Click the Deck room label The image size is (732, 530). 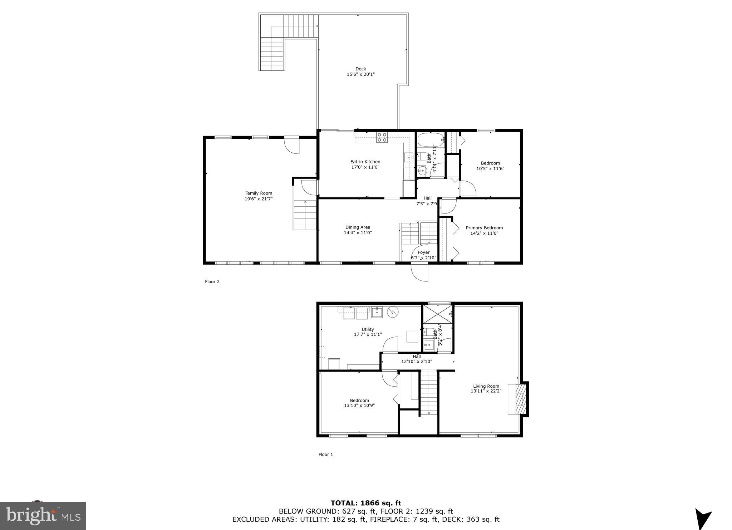(x=360, y=69)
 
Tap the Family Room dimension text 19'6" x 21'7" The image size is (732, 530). (x=259, y=199)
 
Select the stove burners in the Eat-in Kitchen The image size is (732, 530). (x=382, y=137)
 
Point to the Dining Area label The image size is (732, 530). (x=358, y=227)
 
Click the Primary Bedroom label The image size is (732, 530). (x=484, y=228)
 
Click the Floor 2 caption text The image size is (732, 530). (x=212, y=281)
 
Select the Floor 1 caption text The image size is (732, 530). (x=325, y=455)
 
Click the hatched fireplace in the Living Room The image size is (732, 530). (x=520, y=398)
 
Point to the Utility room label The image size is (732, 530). (x=368, y=329)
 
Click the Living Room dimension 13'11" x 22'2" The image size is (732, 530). (x=486, y=391)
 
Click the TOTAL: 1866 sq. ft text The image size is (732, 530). (x=366, y=503)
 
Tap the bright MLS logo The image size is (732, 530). (x=43, y=516)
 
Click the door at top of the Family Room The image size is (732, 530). (x=291, y=145)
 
